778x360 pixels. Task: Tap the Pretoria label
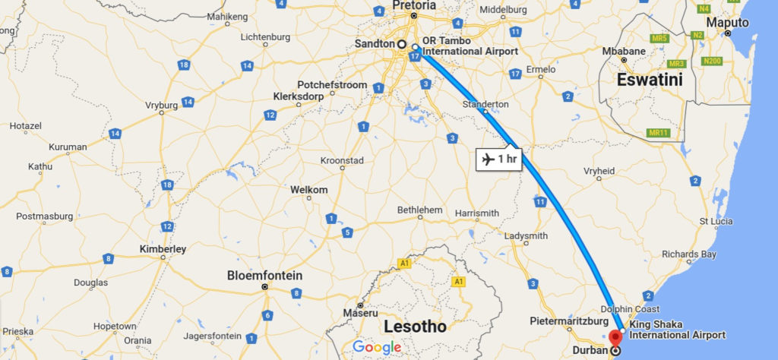click(x=415, y=5)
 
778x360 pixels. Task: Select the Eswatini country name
click(x=650, y=80)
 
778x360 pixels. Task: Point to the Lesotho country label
click(x=416, y=327)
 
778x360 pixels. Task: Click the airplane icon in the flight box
click(x=486, y=159)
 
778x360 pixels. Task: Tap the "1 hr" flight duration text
click(x=507, y=159)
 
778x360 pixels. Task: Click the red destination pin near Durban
click(x=615, y=337)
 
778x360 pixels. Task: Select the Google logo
click(x=377, y=347)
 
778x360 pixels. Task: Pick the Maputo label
click(x=727, y=23)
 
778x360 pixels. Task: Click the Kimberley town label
click(x=163, y=248)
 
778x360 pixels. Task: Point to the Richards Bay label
click(x=688, y=254)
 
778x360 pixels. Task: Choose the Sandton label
click(x=374, y=44)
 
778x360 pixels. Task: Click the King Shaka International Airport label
click(x=676, y=330)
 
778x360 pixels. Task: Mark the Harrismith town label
click(x=476, y=213)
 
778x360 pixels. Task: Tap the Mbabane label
click(x=623, y=52)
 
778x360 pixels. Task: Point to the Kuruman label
click(x=68, y=147)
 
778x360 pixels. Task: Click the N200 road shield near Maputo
click(x=712, y=61)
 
